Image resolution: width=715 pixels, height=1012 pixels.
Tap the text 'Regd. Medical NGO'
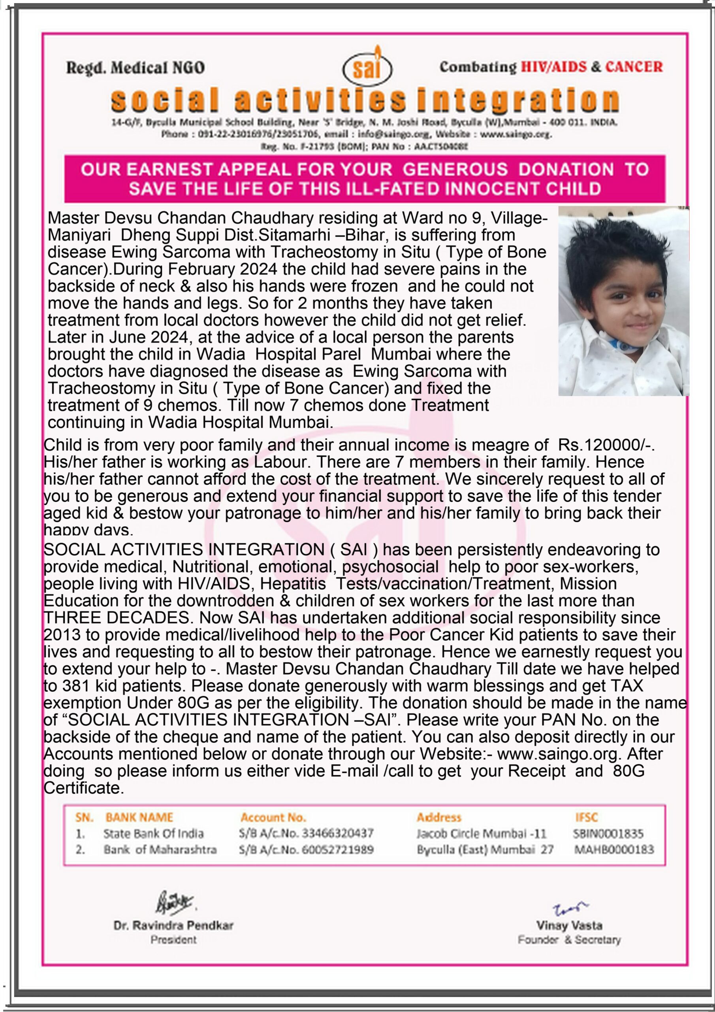click(135, 68)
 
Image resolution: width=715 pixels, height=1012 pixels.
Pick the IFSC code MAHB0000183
click(613, 850)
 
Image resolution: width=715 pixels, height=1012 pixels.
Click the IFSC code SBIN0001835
click(608, 833)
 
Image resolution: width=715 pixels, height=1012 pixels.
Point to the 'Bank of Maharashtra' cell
click(160, 850)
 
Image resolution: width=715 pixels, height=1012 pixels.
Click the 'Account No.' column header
click(273, 818)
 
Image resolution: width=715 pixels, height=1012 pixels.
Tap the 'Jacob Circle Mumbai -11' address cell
click(482, 833)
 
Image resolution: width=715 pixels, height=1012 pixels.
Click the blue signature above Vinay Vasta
click(569, 908)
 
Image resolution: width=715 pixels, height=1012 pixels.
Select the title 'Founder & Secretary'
click(569, 939)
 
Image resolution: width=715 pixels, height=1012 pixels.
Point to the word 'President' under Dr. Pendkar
click(173, 940)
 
